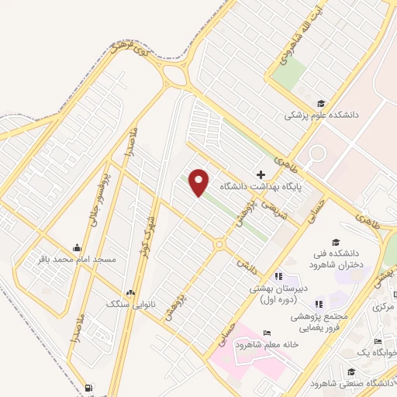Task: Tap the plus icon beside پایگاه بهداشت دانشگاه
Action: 261,174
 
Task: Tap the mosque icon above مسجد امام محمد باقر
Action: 76,247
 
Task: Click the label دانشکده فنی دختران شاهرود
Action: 336,259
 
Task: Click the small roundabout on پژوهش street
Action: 219,245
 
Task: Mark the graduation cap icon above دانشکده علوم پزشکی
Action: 320,103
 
